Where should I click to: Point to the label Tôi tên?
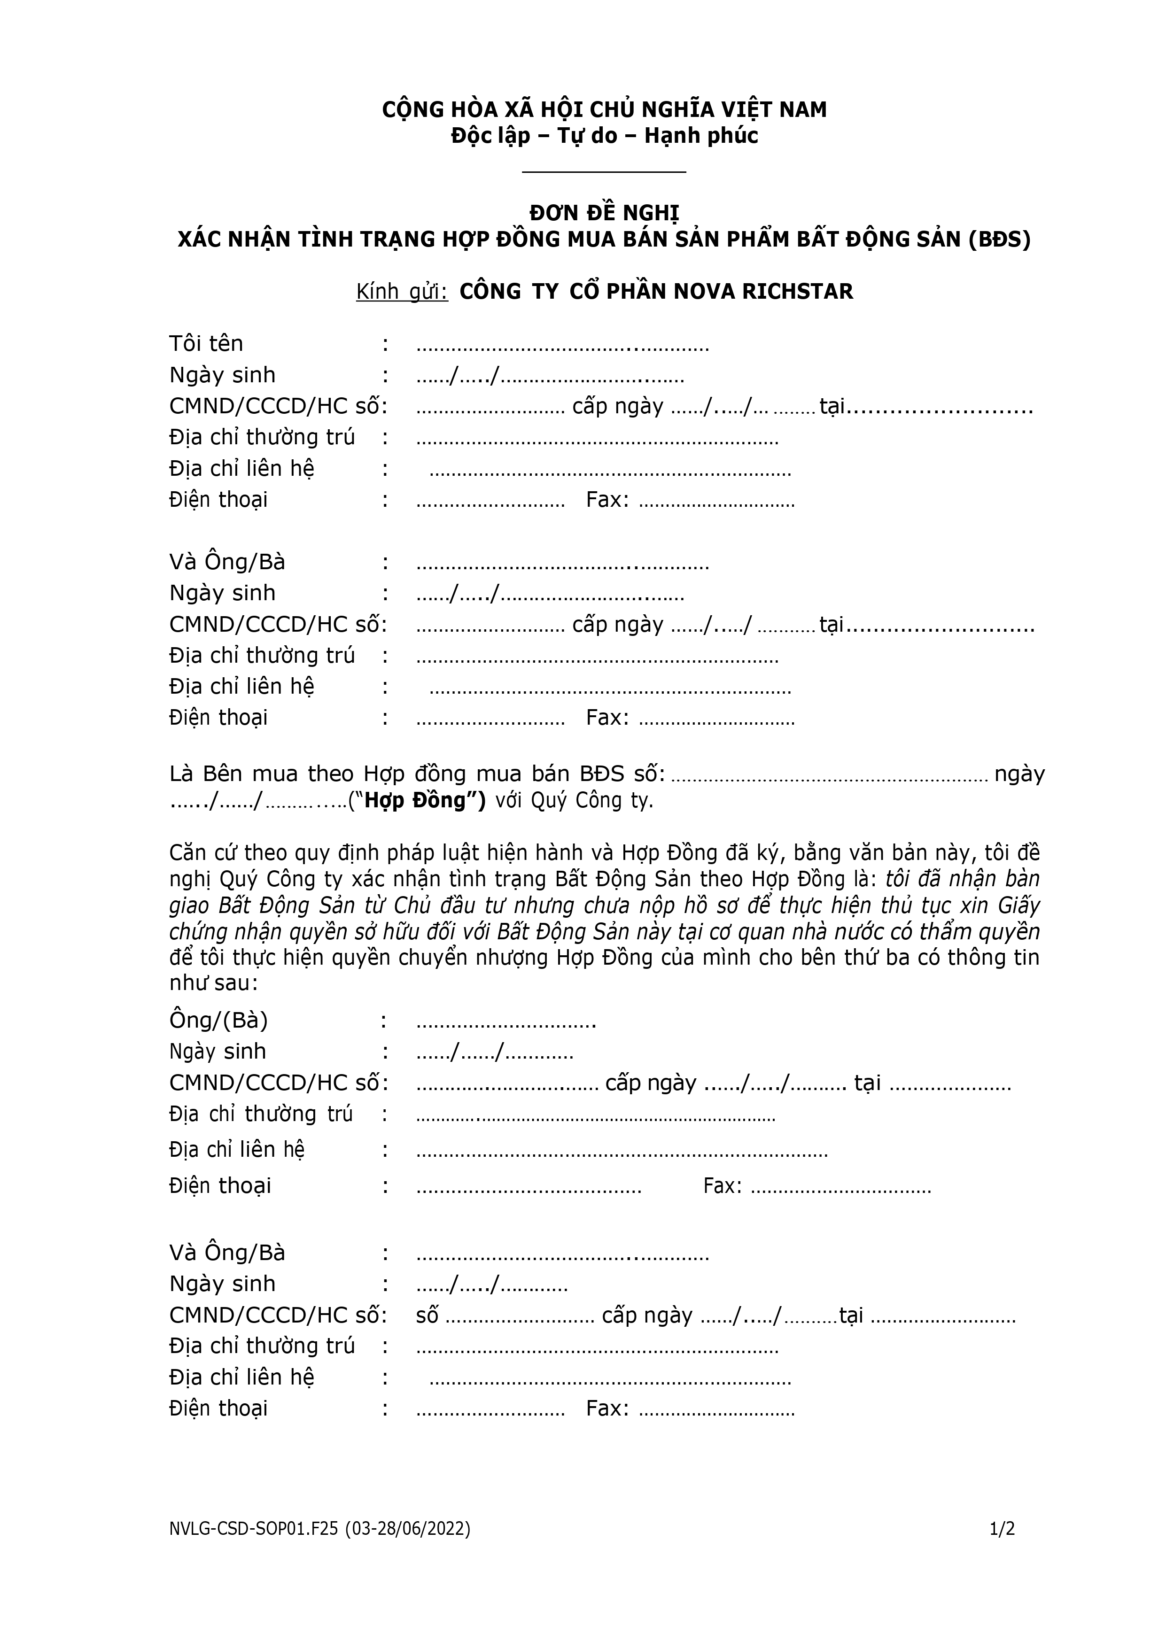206,344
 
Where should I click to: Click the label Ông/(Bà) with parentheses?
218,1021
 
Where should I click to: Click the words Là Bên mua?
234,774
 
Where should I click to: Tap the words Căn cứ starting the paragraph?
202,853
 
